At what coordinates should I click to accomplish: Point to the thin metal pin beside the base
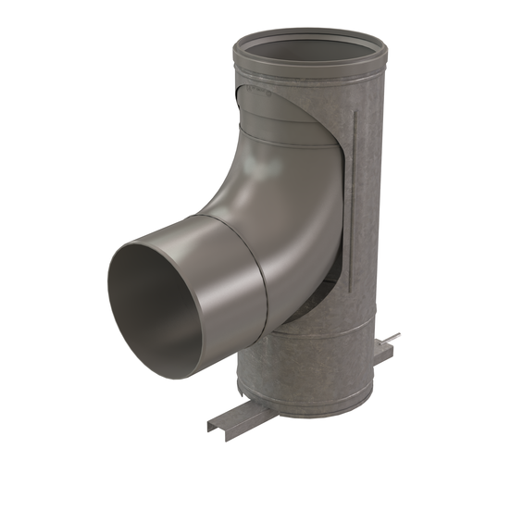(392, 337)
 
